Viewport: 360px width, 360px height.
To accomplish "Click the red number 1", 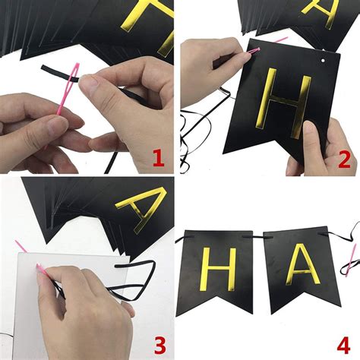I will (x=158, y=158).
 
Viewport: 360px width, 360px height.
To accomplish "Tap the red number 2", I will (x=344, y=159).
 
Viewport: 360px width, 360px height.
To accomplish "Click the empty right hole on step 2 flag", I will (x=321, y=58).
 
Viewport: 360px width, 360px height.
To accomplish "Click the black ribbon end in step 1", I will (x=49, y=69).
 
